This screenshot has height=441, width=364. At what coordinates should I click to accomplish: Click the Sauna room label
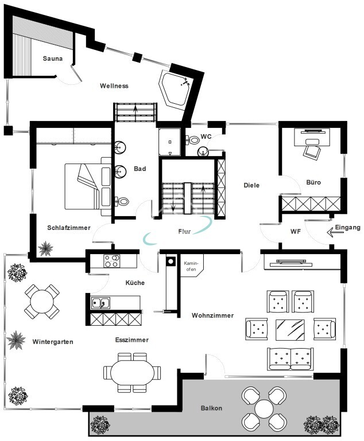[x=53, y=58]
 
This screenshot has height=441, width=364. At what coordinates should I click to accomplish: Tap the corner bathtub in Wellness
[x=175, y=88]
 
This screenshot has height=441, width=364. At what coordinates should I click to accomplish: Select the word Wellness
[x=114, y=86]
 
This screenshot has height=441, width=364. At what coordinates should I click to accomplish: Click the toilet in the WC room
[x=192, y=139]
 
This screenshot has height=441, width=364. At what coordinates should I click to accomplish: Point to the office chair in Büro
[x=312, y=151]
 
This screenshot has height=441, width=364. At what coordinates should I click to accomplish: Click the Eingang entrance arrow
[x=334, y=233]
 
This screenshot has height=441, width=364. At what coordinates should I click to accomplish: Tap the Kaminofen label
[x=191, y=266]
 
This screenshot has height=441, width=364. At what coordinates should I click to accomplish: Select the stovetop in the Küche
[x=111, y=261]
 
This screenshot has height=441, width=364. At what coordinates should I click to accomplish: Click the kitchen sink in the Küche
[x=100, y=303]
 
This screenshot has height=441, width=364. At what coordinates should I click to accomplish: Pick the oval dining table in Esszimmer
[x=132, y=373]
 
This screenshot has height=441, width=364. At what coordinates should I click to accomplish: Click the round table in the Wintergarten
[x=42, y=302]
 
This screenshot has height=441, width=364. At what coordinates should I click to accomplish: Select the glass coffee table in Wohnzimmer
[x=290, y=330]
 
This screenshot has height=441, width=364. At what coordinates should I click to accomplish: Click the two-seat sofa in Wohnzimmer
[x=291, y=358]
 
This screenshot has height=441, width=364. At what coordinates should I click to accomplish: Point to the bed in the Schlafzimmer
[x=88, y=186]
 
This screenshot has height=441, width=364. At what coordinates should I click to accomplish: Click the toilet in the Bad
[x=122, y=201]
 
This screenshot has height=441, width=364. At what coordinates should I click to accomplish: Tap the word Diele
[x=251, y=185]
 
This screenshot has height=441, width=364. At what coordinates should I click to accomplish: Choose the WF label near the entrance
[x=296, y=232]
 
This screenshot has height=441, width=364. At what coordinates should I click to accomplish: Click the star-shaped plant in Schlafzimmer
[x=45, y=249]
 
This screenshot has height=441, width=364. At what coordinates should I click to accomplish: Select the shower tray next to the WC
[x=169, y=142]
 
